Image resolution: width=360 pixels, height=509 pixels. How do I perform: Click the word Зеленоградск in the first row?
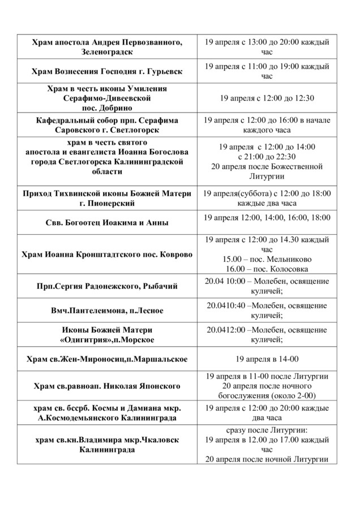[107, 52]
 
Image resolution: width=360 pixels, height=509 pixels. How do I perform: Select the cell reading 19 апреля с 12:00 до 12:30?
[267, 98]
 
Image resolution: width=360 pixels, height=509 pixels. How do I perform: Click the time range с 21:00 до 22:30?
[267, 157]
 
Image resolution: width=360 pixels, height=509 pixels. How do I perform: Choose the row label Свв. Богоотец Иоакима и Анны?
[107, 223]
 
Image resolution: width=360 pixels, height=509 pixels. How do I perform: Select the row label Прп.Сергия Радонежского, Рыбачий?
[107, 286]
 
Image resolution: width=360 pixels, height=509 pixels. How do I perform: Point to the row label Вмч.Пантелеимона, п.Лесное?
[107, 310]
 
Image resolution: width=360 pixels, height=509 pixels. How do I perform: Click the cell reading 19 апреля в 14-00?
[267, 358]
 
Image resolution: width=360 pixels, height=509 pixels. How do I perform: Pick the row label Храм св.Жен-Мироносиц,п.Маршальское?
[107, 359]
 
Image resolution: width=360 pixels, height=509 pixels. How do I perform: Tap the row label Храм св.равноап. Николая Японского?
[107, 386]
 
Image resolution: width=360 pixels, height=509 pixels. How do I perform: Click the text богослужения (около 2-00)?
[267, 395]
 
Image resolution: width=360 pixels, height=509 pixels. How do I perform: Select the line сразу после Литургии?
[267, 430]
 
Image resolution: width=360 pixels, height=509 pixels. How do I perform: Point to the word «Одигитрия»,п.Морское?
[107, 339]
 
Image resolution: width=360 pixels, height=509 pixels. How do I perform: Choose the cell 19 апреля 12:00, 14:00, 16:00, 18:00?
[267, 218]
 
